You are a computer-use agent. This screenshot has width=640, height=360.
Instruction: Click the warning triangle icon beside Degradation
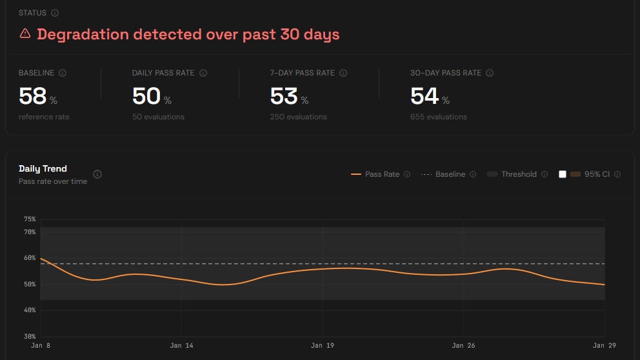click(25, 34)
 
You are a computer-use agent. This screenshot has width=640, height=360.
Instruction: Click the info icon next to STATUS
click(55, 13)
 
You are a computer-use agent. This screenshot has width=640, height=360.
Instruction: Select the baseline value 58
click(32, 96)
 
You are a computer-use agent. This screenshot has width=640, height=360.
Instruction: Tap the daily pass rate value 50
click(146, 96)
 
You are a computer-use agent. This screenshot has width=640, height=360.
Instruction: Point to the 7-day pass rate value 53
click(284, 96)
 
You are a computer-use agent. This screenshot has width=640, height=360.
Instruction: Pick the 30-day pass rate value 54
click(425, 96)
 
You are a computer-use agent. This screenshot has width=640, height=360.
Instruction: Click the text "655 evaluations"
click(438, 117)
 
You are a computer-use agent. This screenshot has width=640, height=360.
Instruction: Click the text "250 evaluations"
click(298, 117)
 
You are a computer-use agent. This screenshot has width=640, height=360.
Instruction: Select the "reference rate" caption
click(44, 117)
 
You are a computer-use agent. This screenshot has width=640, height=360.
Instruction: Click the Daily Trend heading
click(43, 169)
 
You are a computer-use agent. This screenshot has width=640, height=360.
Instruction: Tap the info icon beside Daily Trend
click(97, 174)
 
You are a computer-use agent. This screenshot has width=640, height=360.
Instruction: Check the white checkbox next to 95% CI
click(563, 174)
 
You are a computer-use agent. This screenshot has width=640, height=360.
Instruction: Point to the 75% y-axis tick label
click(30, 219)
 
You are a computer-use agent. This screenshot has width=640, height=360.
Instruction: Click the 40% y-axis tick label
click(30, 310)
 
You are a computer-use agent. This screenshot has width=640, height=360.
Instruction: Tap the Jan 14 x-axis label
click(181, 346)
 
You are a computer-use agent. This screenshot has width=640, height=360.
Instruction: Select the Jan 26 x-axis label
click(463, 346)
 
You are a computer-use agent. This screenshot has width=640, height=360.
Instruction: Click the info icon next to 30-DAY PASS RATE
click(490, 73)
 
